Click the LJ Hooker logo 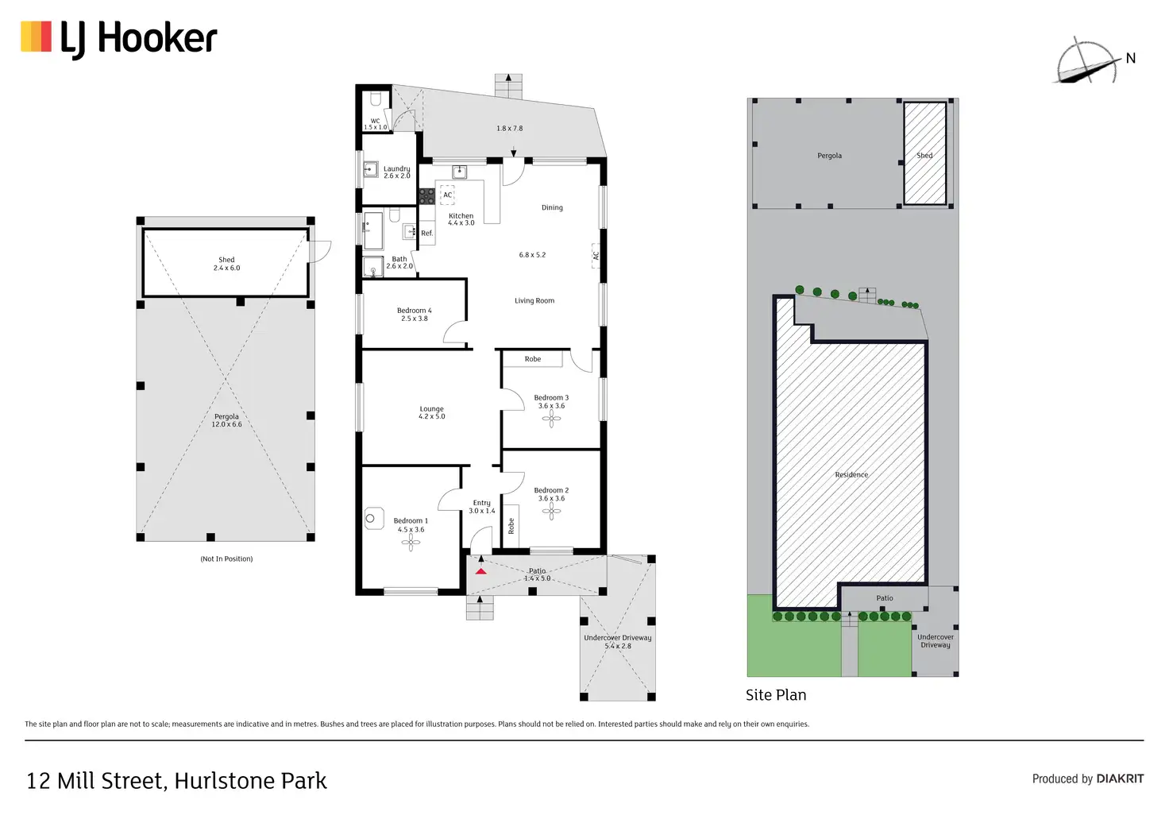[119, 39]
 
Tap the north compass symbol [1087, 61]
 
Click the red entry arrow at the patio [481, 570]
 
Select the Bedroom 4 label [414, 314]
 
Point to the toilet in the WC [376, 99]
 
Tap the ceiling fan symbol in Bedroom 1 [411, 543]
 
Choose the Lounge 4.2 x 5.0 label [431, 412]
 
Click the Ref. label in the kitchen [427, 233]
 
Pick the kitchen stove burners [426, 195]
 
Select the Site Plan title [775, 694]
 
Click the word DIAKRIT [1120, 779]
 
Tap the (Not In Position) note [226, 558]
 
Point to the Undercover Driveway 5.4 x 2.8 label [617, 641]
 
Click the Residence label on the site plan [851, 474]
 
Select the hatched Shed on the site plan [924, 153]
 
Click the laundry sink [370, 169]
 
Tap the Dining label [552, 207]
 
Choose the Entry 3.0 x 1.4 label [481, 506]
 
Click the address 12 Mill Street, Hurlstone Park [176, 780]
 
